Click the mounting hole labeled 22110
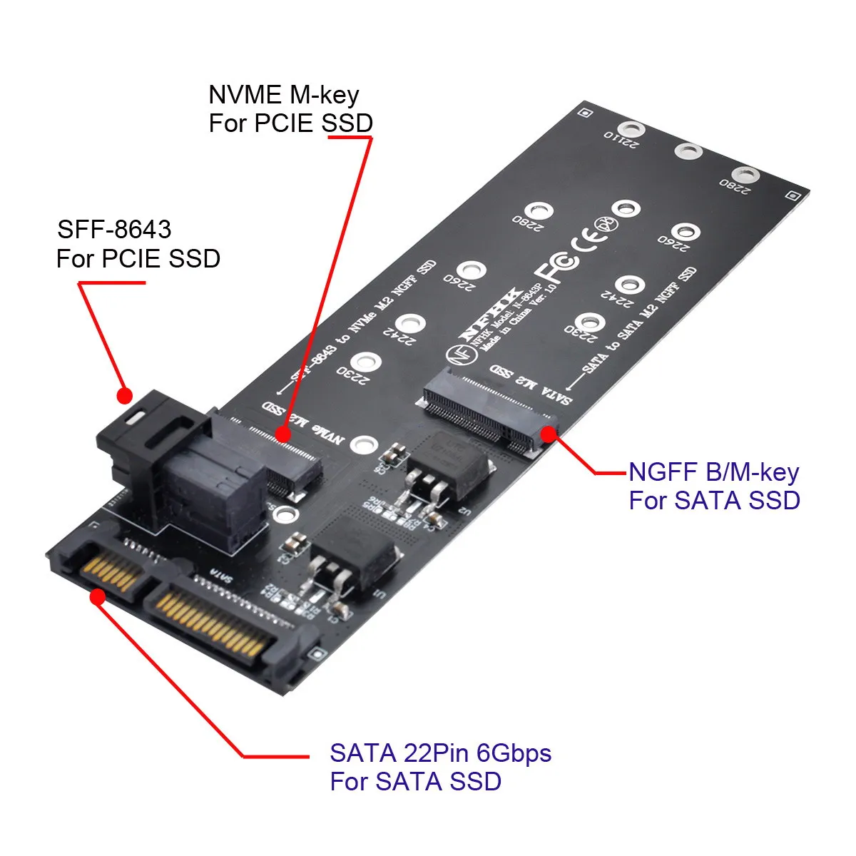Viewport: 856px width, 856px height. [x=631, y=129]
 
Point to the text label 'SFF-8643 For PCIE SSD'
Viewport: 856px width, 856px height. [x=138, y=244]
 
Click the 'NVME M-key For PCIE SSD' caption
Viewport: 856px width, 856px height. [x=290, y=109]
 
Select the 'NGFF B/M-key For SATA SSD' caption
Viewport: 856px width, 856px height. [x=713, y=486]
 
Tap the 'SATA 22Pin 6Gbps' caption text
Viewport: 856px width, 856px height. [x=440, y=753]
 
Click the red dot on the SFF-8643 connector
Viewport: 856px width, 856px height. [x=125, y=394]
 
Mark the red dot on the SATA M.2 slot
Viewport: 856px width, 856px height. [x=548, y=433]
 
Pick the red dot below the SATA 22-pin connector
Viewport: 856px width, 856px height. [x=98, y=596]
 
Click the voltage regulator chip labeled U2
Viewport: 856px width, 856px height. [x=448, y=464]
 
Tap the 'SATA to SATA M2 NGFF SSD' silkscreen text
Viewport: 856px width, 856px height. [x=638, y=321]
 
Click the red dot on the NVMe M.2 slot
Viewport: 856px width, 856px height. [x=283, y=433]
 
